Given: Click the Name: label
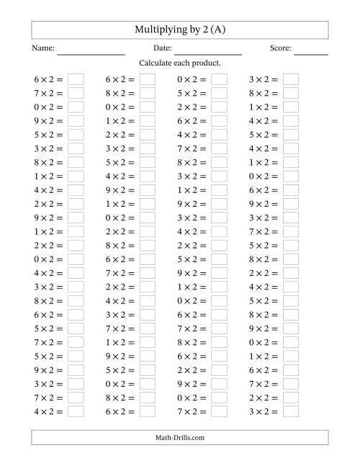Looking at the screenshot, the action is click(x=43, y=48).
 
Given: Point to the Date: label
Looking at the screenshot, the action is click(x=162, y=48).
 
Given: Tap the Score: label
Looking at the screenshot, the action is click(x=281, y=48).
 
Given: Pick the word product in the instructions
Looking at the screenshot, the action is click(x=204, y=63).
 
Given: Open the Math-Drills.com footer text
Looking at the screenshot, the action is click(x=180, y=437).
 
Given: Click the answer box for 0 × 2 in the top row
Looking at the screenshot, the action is click(x=219, y=79).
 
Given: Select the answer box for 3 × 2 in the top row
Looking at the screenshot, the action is click(x=291, y=79).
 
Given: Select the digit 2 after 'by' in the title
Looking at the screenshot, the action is click(x=201, y=30).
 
